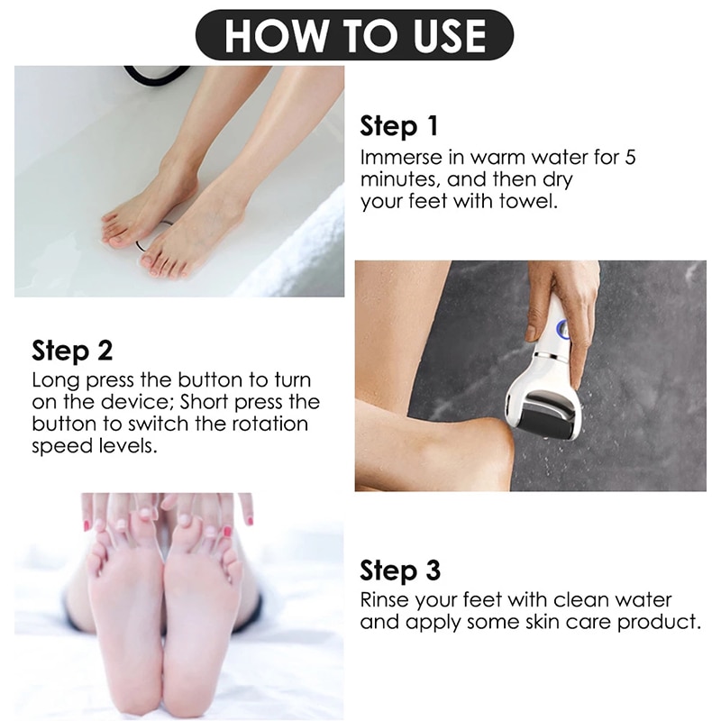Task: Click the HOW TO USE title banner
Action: click(x=354, y=35)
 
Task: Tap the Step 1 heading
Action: click(x=400, y=126)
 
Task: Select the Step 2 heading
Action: click(x=72, y=350)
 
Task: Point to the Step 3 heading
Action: click(x=400, y=570)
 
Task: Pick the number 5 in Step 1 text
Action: click(x=630, y=157)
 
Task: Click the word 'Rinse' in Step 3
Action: click(x=386, y=600)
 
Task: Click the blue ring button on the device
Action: click(x=564, y=331)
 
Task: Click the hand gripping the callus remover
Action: click(x=562, y=297)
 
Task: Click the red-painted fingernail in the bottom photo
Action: click(x=227, y=533)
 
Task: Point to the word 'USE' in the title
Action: click(x=439, y=35)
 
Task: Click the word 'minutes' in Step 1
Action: click(x=397, y=179)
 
